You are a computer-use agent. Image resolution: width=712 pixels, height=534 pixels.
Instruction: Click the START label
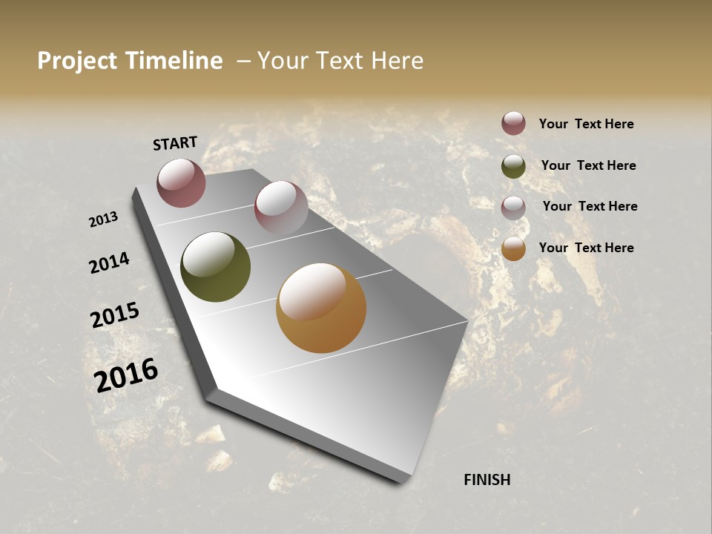tap(175, 143)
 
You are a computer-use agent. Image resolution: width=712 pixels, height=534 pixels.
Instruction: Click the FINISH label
tap(487, 480)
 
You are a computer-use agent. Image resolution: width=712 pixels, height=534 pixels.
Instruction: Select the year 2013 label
tap(103, 220)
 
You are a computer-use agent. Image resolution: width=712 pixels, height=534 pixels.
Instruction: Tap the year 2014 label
tap(109, 263)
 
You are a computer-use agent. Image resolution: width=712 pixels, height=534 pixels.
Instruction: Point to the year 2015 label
tap(115, 315)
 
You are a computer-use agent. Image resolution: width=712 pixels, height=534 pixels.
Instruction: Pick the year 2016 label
tap(126, 375)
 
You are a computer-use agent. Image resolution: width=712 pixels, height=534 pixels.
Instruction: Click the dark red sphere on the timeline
tap(181, 182)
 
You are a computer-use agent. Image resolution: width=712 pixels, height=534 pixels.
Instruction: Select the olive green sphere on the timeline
tap(215, 267)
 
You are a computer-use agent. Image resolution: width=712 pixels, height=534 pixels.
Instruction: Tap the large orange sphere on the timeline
tap(321, 308)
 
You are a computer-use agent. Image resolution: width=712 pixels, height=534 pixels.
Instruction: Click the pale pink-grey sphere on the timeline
tap(281, 208)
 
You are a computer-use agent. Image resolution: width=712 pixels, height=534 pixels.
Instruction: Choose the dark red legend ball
tap(513, 123)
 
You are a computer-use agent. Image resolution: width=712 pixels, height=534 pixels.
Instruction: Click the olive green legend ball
tap(513, 166)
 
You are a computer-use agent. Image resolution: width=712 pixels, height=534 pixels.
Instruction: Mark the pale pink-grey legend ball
tap(513, 208)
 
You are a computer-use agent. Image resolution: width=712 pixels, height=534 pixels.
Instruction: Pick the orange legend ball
tap(513, 249)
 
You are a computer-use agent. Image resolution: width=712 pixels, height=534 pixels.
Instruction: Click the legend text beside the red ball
tap(586, 124)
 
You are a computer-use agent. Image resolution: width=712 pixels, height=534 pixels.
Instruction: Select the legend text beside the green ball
tap(588, 165)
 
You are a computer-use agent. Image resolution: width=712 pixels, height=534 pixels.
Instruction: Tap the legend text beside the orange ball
tap(586, 248)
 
